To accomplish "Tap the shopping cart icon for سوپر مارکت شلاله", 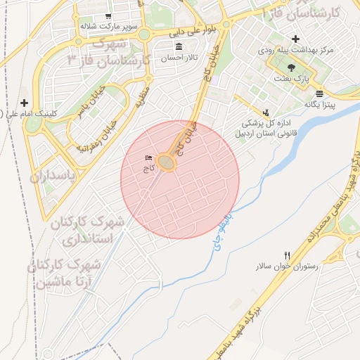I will (x=108, y=16).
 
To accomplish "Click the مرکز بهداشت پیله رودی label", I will (x=295, y=51).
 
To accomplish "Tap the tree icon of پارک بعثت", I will (x=291, y=67).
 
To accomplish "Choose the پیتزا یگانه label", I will (x=320, y=104).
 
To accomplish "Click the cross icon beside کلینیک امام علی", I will (x=25, y=103).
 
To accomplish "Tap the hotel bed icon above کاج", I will (x=148, y=157).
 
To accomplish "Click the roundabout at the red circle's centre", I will (x=166, y=163).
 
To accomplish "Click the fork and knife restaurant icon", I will (x=287, y=255).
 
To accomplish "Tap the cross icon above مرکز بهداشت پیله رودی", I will (x=295, y=39).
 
